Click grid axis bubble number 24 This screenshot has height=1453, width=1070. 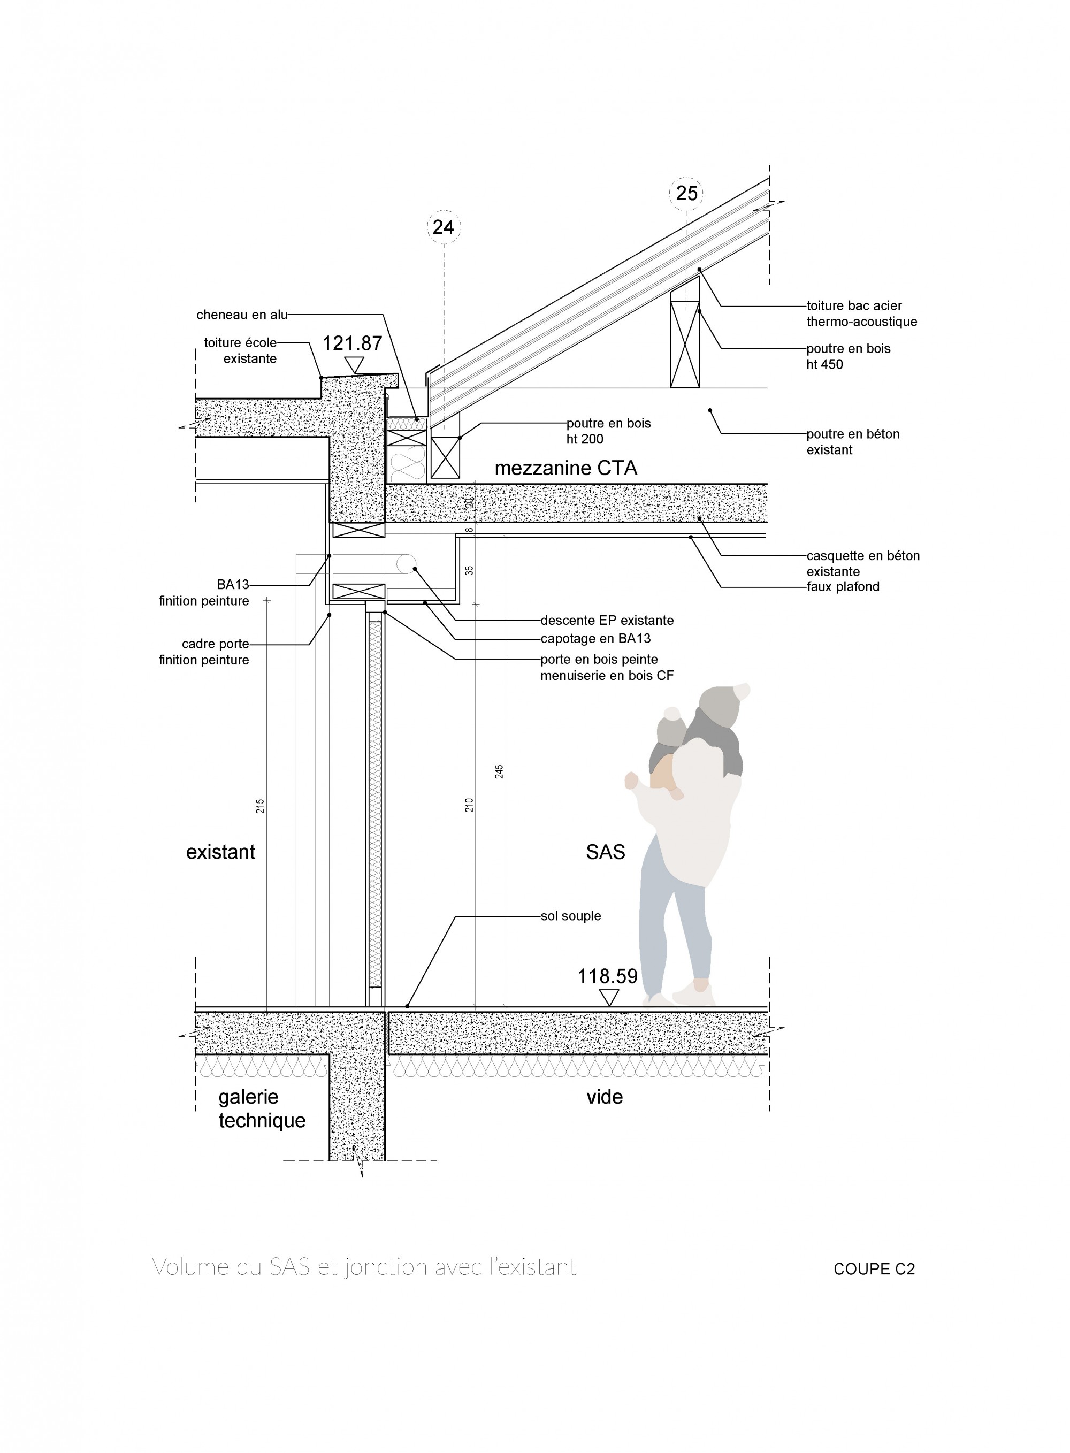443,227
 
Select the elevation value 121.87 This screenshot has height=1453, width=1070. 353,343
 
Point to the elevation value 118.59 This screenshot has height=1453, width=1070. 608,976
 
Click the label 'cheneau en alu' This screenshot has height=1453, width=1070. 242,315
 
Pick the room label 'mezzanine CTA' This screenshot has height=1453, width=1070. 565,468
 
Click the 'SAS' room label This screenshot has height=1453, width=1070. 605,852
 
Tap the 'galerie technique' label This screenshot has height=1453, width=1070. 261,1108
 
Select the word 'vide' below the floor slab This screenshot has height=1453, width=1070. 605,1097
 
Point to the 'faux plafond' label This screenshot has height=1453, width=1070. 843,587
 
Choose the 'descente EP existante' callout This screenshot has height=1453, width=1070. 607,621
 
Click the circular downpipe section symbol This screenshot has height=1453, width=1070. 407,564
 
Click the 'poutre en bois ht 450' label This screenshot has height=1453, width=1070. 848,357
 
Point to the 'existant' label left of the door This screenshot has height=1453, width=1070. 220,852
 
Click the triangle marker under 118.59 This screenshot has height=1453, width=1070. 608,997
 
